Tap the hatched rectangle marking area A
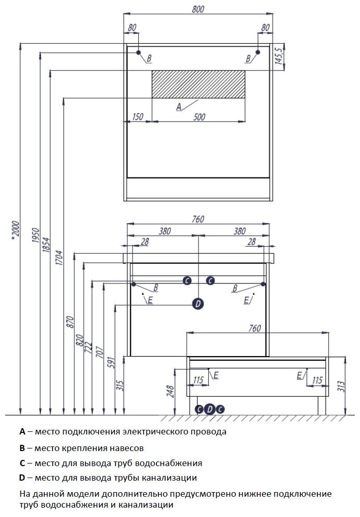click(x=198, y=84)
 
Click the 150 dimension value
click(x=138, y=117)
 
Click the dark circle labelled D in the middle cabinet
click(x=198, y=304)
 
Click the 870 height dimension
click(x=71, y=323)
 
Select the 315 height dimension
click(x=119, y=385)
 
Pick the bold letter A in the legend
click(x=22, y=431)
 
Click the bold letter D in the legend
click(x=22, y=478)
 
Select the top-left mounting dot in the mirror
click(x=139, y=53)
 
